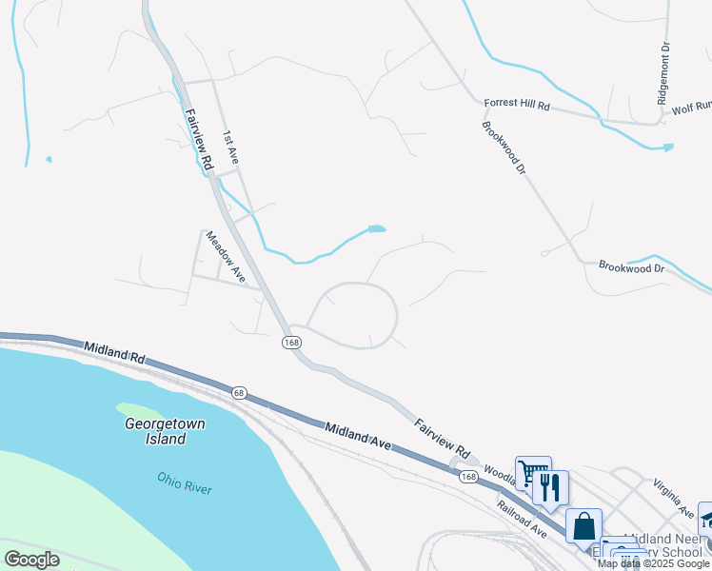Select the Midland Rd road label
pyautogui.click(x=115, y=356)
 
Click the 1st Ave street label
pyautogui.click(x=229, y=149)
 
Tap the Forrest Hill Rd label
pyautogui.click(x=517, y=104)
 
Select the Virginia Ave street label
pyautogui.click(x=673, y=498)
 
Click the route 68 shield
pyautogui.click(x=238, y=392)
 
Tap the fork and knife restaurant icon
pyautogui.click(x=550, y=487)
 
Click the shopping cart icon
pyautogui.click(x=533, y=473)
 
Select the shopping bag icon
pyautogui.click(x=583, y=525)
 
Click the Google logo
pyautogui.click(x=31, y=560)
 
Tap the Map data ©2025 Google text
pyautogui.click(x=654, y=563)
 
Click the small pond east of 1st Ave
pyautogui.click(x=377, y=229)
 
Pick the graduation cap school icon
pyautogui.click(x=706, y=517)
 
